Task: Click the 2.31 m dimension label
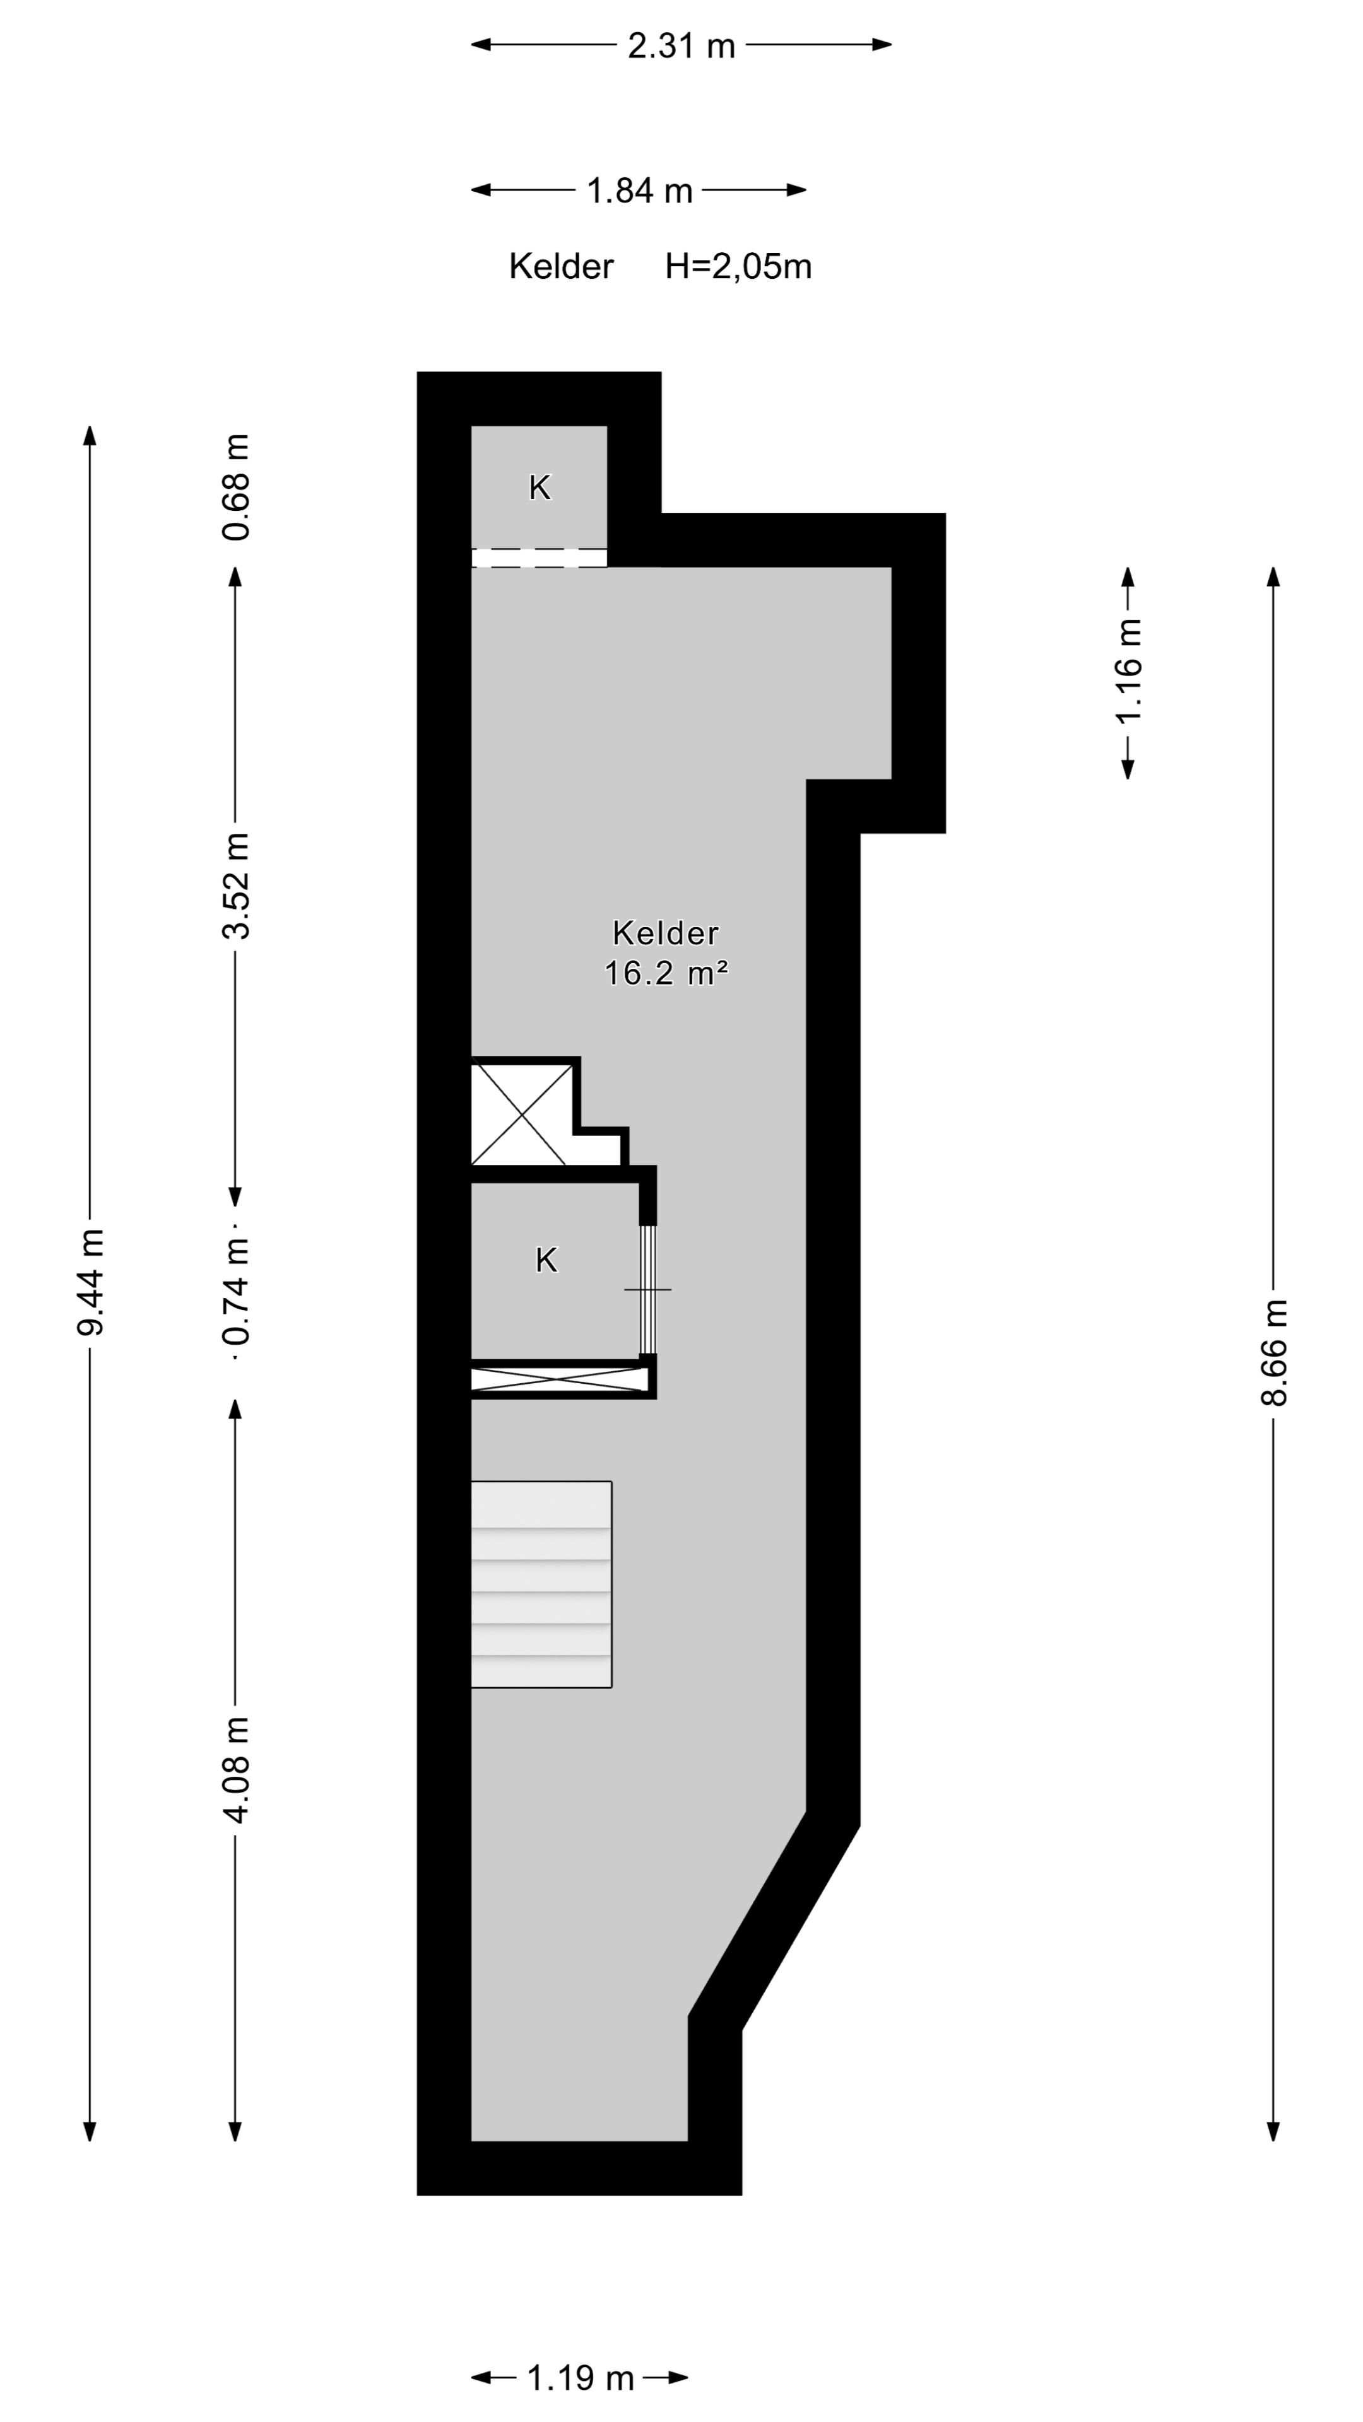coord(681,45)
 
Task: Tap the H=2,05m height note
coord(738,267)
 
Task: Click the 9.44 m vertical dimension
coord(91,1282)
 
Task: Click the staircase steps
coord(541,1584)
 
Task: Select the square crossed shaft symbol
coord(519,1113)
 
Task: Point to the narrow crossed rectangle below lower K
coord(558,1380)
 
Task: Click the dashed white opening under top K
coord(539,558)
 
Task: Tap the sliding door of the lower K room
coord(647,1289)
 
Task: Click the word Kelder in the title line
coord(560,267)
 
